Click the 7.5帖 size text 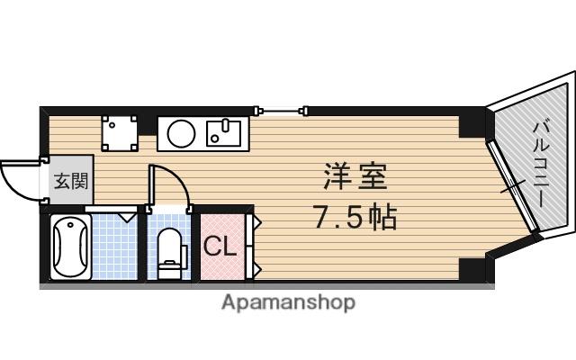tap(355, 217)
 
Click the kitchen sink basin tap(221, 134)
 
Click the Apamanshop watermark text tap(288, 302)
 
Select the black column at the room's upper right tap(471, 124)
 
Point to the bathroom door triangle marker tap(126, 214)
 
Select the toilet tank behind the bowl tap(169, 266)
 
